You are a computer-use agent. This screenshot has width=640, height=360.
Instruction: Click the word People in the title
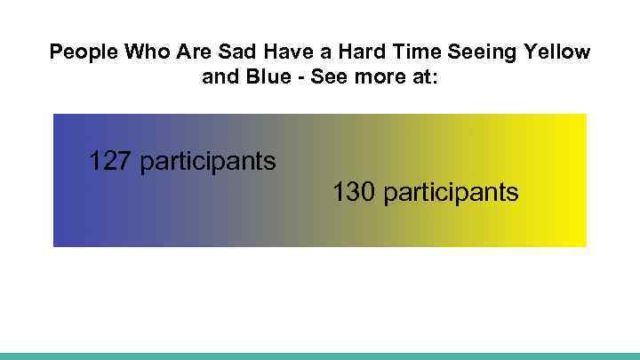click(x=82, y=52)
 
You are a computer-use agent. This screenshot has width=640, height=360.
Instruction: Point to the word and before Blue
click(x=220, y=77)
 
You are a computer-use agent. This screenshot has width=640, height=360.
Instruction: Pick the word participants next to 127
click(x=208, y=163)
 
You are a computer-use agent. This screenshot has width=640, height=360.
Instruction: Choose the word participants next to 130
click(x=452, y=193)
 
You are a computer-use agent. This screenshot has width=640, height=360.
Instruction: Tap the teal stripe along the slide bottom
click(x=320, y=356)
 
